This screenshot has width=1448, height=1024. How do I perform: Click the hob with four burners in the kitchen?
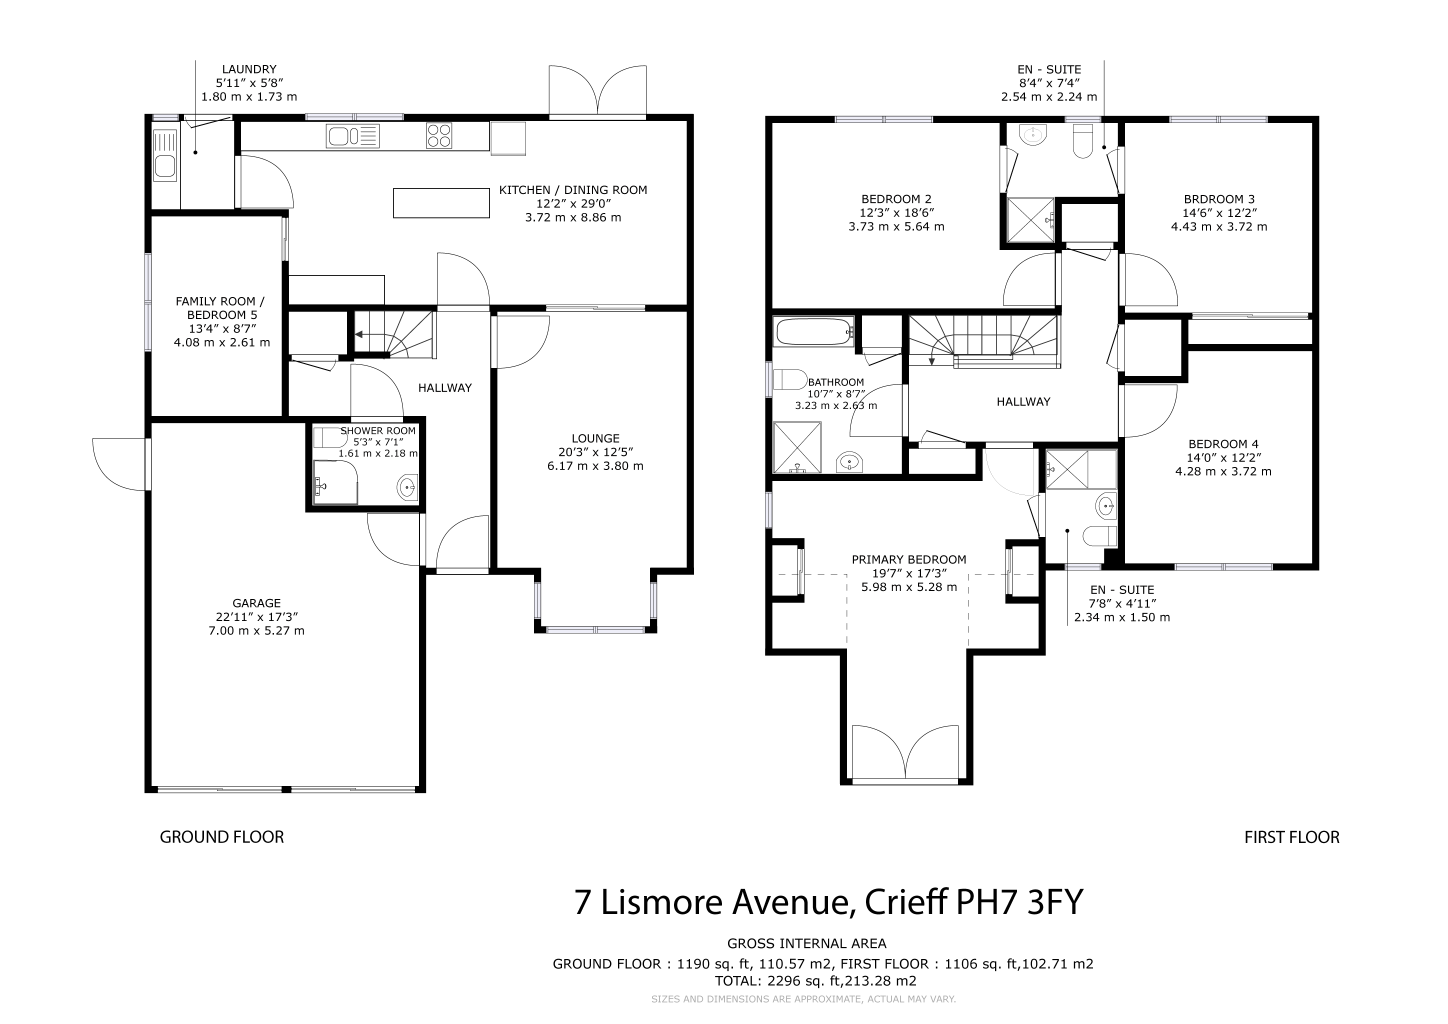[439, 135]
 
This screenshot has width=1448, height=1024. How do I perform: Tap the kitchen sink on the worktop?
[352, 135]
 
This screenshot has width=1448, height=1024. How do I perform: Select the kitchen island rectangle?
[441, 203]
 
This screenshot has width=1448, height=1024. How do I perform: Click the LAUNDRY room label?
[249, 69]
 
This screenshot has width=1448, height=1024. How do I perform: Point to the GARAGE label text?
[256, 603]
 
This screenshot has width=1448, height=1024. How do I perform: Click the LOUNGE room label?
[595, 438]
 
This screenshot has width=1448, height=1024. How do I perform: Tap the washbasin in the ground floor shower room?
[407, 487]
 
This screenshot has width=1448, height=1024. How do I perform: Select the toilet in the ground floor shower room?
[330, 437]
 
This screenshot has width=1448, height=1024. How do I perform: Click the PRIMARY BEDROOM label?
[909, 559]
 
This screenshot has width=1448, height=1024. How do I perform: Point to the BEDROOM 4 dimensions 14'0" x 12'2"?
[1223, 458]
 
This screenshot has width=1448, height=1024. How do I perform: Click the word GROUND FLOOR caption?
[222, 837]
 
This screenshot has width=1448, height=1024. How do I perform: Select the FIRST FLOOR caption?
[1291, 837]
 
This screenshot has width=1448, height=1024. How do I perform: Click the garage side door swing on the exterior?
[120, 464]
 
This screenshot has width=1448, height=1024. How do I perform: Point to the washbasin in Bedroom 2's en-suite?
[1032, 135]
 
